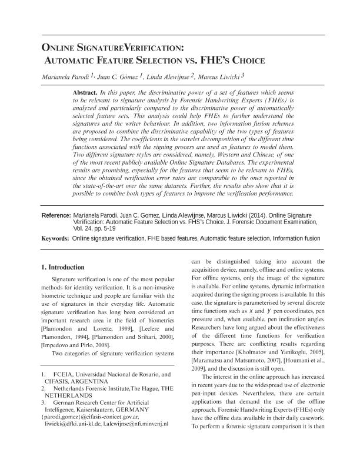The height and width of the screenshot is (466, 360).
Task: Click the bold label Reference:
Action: [x=56, y=216]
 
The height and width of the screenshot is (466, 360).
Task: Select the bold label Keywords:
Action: [x=56, y=239]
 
